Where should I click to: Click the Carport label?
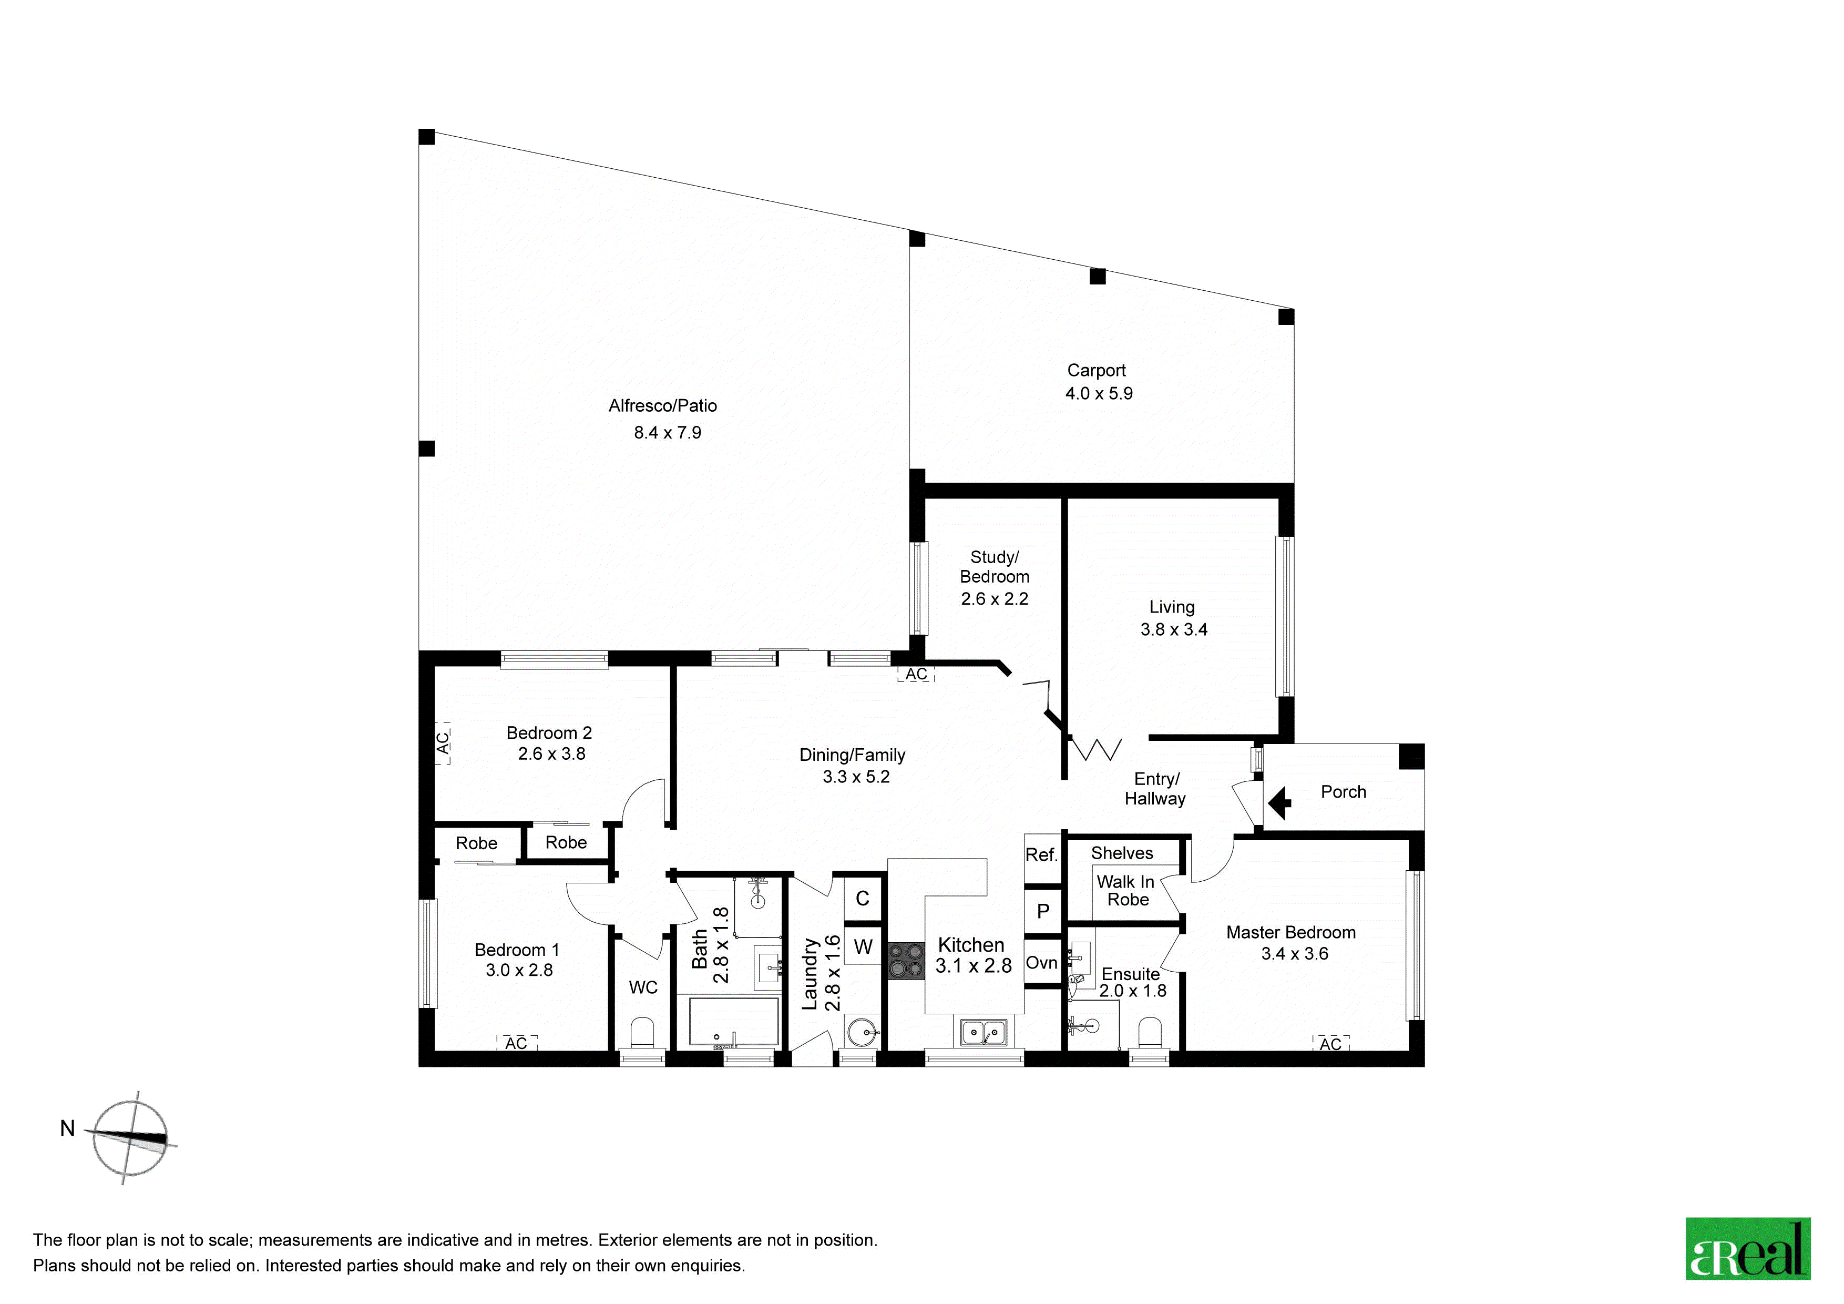point(1097,370)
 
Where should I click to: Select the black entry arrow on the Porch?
point(1279,802)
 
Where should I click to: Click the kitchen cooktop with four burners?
point(906,961)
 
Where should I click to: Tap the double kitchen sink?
point(984,1033)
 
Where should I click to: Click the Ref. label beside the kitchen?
point(1042,855)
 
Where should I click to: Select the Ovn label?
point(1042,963)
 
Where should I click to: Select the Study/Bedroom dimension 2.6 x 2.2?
point(995,598)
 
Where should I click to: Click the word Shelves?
point(1122,853)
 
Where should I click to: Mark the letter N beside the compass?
point(67,1129)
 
